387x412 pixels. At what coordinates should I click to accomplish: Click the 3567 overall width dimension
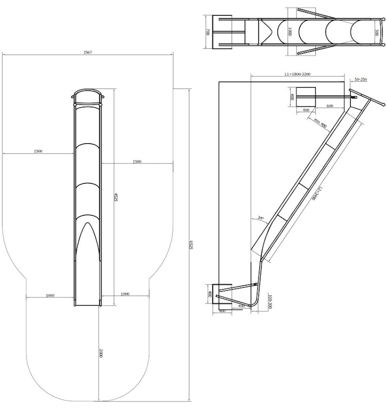point(88,52)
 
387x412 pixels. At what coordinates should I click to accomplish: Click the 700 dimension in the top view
point(208,32)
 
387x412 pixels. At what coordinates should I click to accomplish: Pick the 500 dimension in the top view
point(376,32)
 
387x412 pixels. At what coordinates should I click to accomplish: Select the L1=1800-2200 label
point(297,74)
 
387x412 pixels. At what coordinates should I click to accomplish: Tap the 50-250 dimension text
point(361,79)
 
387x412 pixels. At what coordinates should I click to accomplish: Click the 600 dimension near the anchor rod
point(330,106)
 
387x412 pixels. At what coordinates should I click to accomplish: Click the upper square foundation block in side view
point(305,97)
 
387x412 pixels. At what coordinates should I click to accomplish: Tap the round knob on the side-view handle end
point(383,104)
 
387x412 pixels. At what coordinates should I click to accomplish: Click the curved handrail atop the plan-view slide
point(88,91)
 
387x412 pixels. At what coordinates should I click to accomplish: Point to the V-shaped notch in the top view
point(268,32)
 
